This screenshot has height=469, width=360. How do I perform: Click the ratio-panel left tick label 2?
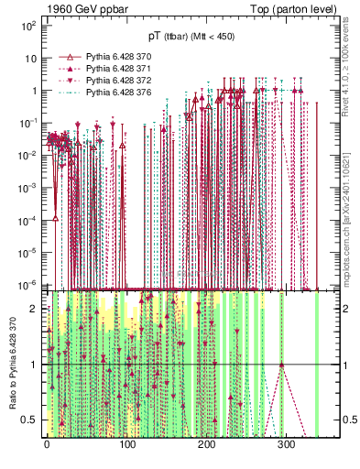click(x=34, y=309)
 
